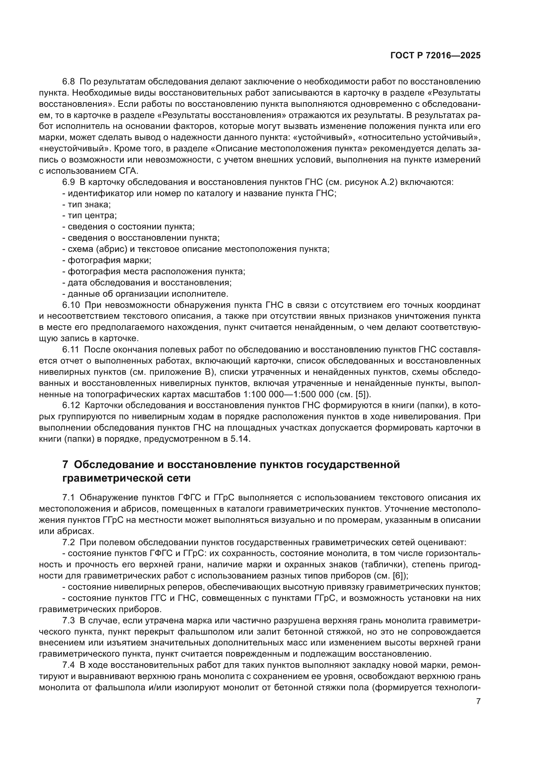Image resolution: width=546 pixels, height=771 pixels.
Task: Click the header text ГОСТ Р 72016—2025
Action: [435, 56]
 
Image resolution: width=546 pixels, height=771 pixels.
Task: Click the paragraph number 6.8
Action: [69, 82]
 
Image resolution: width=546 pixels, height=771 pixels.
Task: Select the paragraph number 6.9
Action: [69, 182]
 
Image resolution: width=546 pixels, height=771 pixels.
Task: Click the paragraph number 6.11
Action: [71, 350]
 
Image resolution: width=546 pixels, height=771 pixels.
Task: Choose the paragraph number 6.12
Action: [71, 406]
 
